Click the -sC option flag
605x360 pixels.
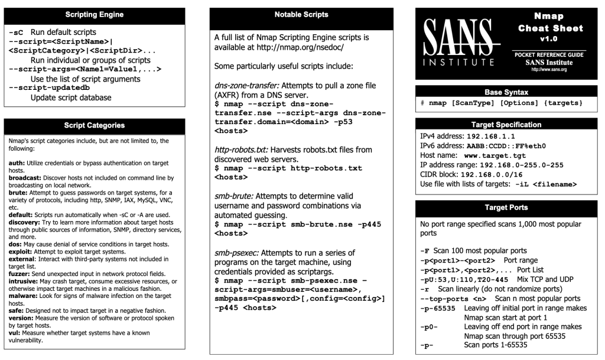click(x=17, y=31)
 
